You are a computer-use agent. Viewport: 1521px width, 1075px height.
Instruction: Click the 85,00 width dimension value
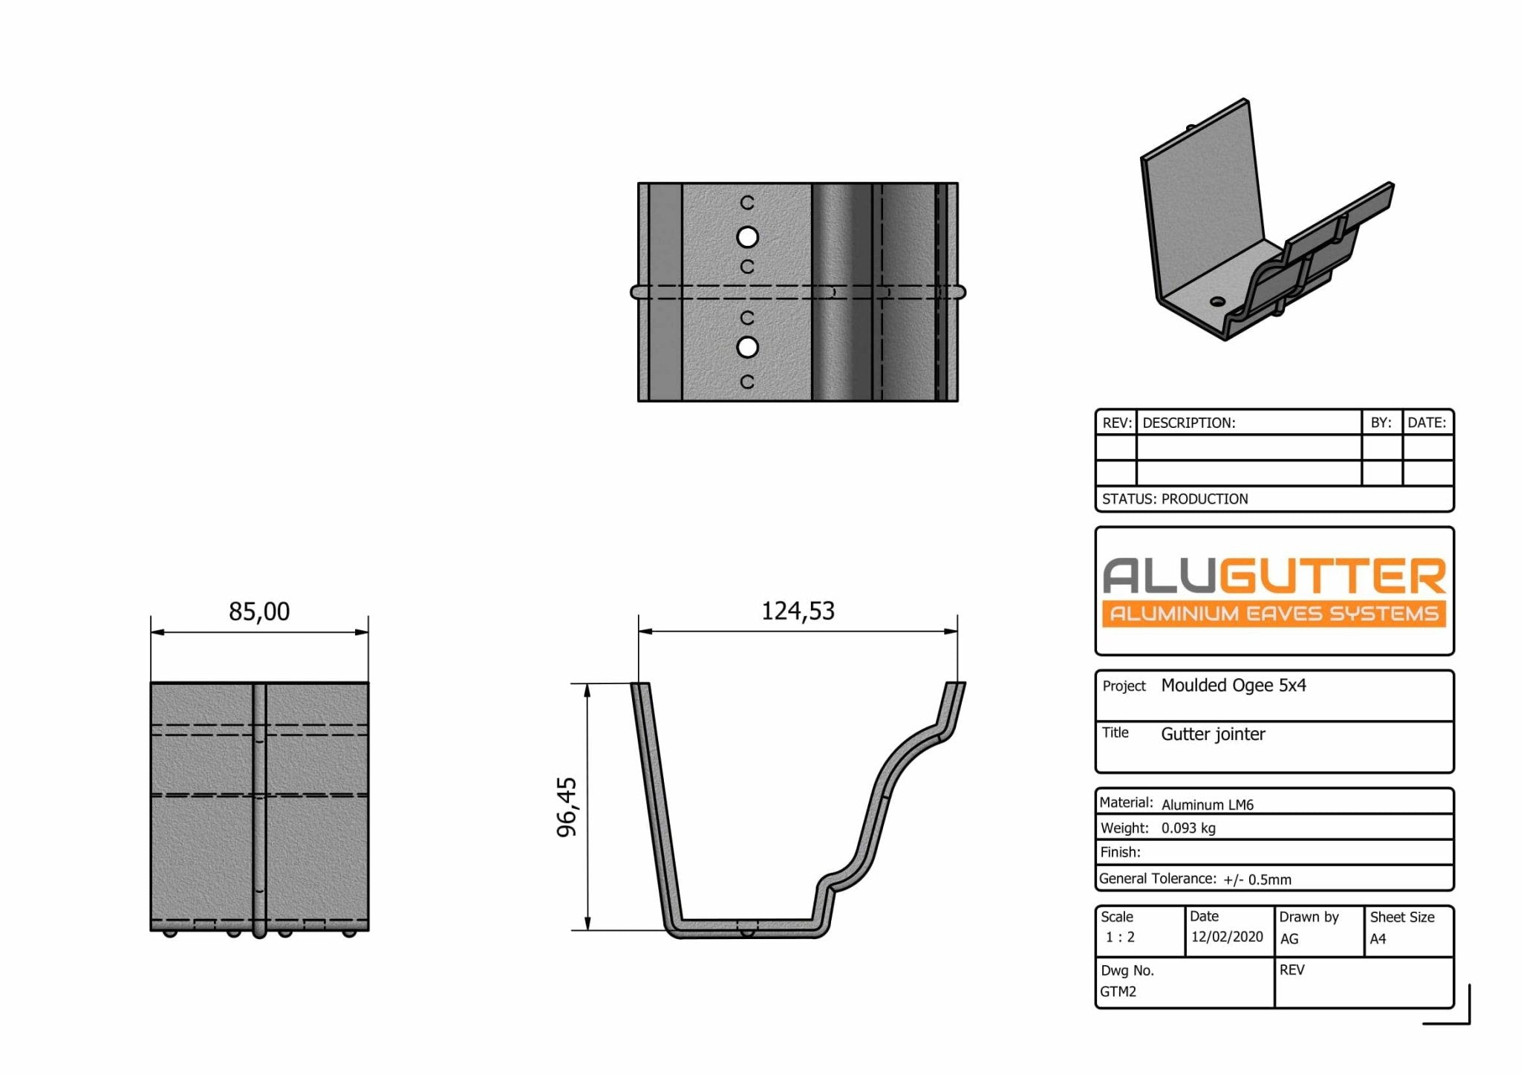click(x=259, y=611)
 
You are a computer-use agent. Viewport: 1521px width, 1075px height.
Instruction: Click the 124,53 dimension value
click(x=798, y=611)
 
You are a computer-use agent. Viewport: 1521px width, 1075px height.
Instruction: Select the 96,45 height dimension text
click(x=567, y=807)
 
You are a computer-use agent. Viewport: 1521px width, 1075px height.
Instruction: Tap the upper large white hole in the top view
click(x=747, y=237)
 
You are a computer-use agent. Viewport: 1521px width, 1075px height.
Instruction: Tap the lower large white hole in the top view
click(x=747, y=347)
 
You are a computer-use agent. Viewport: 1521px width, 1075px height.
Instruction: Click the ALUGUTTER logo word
click(x=1273, y=577)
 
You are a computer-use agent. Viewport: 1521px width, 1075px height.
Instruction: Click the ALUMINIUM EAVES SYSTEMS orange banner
click(x=1273, y=614)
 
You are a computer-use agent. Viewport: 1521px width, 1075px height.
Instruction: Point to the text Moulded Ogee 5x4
click(x=1233, y=685)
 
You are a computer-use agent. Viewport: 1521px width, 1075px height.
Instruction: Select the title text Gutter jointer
click(x=1213, y=734)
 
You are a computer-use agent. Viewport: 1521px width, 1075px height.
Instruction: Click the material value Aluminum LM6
click(x=1207, y=805)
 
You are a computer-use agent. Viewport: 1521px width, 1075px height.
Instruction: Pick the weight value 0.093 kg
click(x=1188, y=828)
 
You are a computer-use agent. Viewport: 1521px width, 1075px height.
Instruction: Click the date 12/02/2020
click(x=1226, y=936)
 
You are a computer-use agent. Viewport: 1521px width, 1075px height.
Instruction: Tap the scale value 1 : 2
click(x=1120, y=937)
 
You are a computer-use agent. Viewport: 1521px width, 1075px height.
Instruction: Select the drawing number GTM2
click(x=1118, y=991)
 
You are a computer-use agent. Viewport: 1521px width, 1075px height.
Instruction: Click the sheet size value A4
click(x=1378, y=939)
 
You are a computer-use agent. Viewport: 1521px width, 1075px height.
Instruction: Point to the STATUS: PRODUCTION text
click(x=1174, y=498)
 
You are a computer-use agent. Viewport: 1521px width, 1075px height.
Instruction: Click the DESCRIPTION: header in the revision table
click(x=1188, y=423)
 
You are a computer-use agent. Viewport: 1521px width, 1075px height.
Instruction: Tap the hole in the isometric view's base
click(x=1217, y=301)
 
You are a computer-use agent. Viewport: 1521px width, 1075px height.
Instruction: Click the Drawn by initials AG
click(x=1289, y=939)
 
